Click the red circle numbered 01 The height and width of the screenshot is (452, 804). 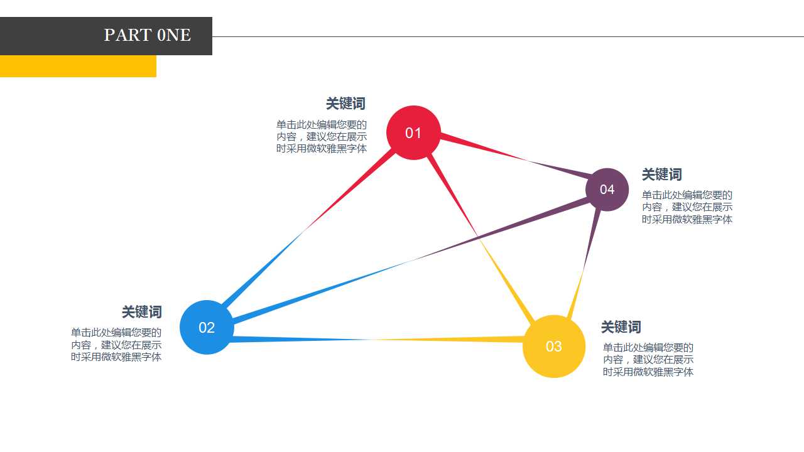[x=413, y=132]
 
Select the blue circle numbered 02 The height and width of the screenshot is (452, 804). [x=207, y=327]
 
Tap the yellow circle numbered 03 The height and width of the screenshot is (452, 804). [x=554, y=346]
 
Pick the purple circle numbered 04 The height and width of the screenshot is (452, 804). [x=607, y=190]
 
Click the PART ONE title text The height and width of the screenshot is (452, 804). [x=148, y=35]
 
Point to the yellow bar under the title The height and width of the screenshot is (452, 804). [x=78, y=66]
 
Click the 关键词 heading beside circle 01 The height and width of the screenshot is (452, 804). [x=345, y=104]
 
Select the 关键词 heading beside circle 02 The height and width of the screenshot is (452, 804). [x=142, y=312]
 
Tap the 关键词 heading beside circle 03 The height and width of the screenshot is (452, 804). [x=621, y=327]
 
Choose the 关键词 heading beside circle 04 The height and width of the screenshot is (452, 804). [x=662, y=175]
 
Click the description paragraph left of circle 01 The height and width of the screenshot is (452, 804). [x=322, y=136]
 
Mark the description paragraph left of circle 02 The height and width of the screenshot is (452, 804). [x=116, y=345]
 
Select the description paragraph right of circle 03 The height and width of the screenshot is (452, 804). [x=648, y=360]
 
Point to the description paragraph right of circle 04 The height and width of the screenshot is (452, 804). [x=687, y=207]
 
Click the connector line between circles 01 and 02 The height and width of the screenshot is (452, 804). [x=308, y=229]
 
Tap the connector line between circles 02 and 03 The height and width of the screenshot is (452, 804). [x=377, y=339]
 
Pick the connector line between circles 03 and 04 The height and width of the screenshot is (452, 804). [x=584, y=265]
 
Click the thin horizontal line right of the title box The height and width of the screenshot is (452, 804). [x=508, y=36]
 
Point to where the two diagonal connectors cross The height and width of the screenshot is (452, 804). [x=477, y=236]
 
